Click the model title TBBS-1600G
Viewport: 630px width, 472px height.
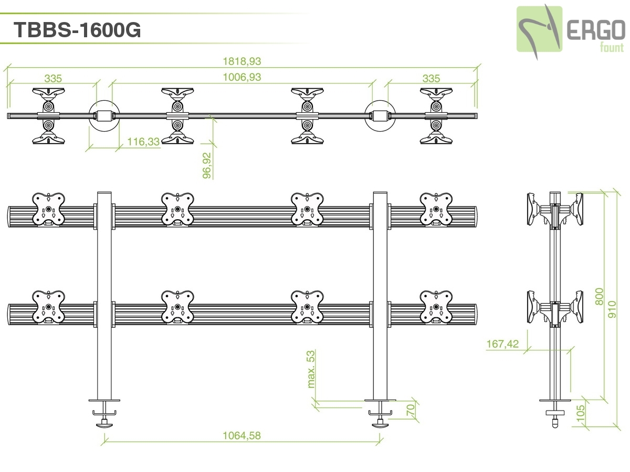click(x=77, y=30)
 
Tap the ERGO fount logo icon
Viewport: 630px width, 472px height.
click(x=539, y=29)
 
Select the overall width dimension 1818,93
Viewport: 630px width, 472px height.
click(x=242, y=61)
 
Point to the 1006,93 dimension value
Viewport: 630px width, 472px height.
click(x=242, y=78)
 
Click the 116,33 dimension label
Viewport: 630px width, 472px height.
click(x=143, y=142)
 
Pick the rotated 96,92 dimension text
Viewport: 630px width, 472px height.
click(x=207, y=166)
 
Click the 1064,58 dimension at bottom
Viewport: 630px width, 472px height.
click(x=242, y=435)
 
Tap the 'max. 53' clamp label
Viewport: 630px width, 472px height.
click(x=311, y=369)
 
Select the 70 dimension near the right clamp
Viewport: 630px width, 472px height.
click(x=411, y=410)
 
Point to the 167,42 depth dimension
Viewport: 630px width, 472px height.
click(x=502, y=344)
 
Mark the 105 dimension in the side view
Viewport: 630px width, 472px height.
click(x=581, y=414)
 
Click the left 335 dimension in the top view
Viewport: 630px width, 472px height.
click(x=53, y=79)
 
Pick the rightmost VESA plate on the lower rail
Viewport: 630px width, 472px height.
click(x=436, y=307)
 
